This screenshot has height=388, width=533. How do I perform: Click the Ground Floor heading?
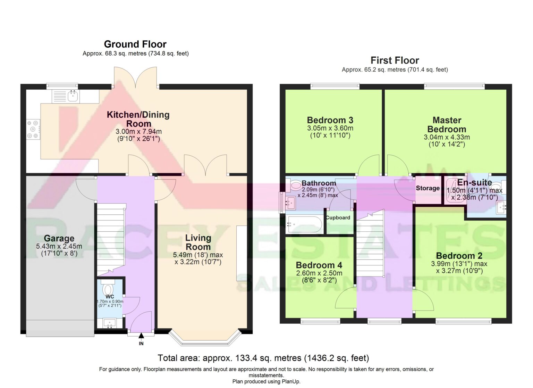pos(135,44)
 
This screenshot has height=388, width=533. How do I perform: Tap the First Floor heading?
pos(395,60)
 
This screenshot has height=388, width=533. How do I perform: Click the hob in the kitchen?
pos(33,129)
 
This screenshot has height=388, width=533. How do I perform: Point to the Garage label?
pos(59,238)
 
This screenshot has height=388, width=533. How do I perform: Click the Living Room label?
pos(198,242)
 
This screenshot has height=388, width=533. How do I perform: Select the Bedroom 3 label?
pos(330,120)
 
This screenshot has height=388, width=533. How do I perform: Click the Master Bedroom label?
pos(447,125)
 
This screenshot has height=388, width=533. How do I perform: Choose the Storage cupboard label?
pos(428,188)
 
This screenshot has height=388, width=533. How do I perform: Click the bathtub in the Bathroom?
pos(304,224)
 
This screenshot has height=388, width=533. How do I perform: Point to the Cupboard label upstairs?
pos(338,218)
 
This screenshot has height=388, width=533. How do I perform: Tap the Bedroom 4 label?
pos(319,265)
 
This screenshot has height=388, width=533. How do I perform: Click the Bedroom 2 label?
pos(459,256)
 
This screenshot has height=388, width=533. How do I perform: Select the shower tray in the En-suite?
pos(456,191)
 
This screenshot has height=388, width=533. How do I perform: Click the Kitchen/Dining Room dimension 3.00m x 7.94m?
pos(139,132)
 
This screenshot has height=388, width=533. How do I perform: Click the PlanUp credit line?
pos(266,381)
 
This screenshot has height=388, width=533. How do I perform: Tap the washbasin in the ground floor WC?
pos(110,323)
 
